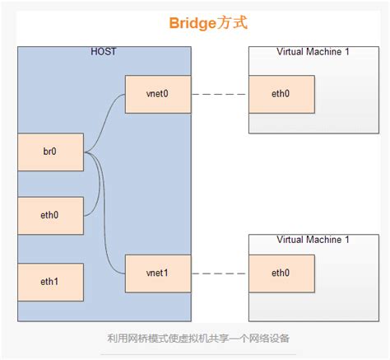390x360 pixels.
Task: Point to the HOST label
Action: [x=104, y=53]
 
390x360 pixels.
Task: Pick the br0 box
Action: [x=50, y=152]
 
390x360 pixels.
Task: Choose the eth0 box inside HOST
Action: [x=50, y=215]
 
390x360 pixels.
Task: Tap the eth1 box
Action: [x=50, y=282]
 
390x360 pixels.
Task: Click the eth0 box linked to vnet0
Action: [x=281, y=94]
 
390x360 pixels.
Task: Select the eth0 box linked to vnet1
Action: [x=281, y=274]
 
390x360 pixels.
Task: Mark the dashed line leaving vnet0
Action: [x=219, y=94]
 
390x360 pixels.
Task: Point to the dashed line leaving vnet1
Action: [x=219, y=274]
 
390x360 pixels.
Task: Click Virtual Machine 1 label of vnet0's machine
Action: [x=313, y=53]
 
